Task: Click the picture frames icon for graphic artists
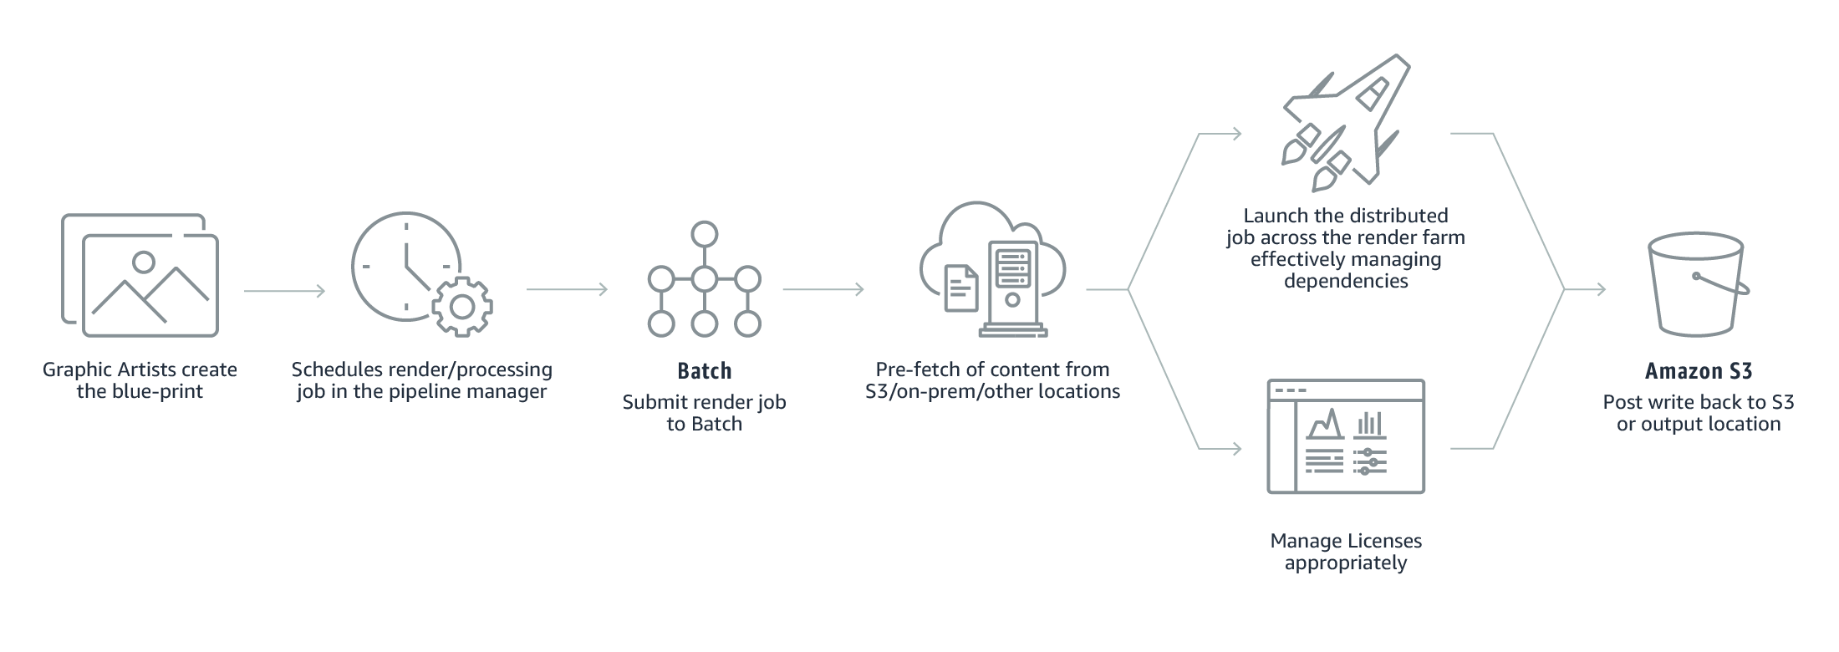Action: [140, 275]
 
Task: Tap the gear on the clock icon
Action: [462, 307]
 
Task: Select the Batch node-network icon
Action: [705, 279]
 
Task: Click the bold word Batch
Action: [705, 371]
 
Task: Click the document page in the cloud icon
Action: [961, 288]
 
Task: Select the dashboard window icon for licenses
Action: [1346, 436]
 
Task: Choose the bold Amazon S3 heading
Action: [1699, 371]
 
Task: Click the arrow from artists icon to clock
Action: [284, 291]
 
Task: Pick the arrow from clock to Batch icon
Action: [567, 290]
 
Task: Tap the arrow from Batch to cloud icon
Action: [823, 290]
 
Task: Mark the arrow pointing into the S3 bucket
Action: [1586, 290]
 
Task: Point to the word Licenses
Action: [1384, 541]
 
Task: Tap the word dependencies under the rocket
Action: [1346, 281]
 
